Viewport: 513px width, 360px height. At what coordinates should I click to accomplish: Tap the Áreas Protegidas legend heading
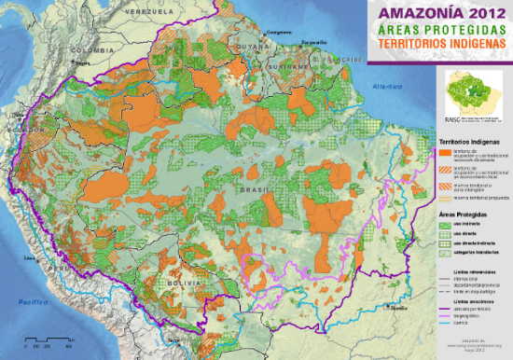[462, 215]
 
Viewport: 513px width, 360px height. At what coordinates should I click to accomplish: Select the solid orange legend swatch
[445, 152]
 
